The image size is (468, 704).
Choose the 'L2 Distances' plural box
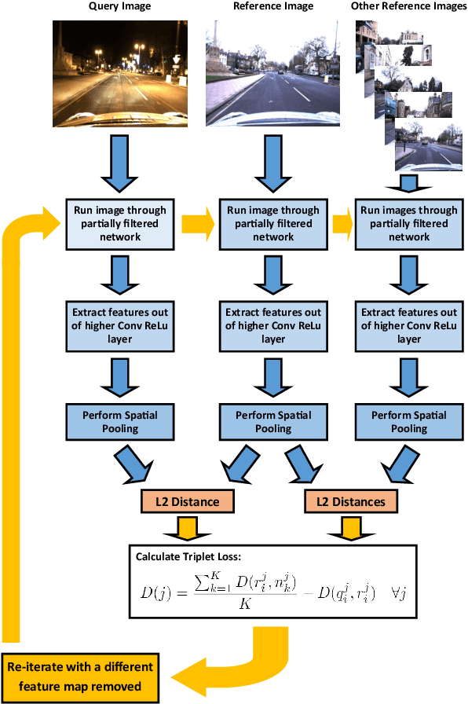(350, 500)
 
